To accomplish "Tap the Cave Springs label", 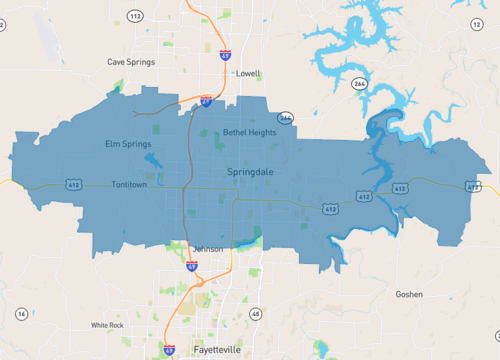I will [x=130, y=62].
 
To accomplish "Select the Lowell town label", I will [x=247, y=74].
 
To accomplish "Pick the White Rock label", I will [x=106, y=325].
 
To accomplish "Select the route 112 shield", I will [x=135, y=16].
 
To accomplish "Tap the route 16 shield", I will [x=21, y=314].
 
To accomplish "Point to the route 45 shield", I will [x=255, y=315].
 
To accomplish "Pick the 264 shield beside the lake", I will [x=359, y=84].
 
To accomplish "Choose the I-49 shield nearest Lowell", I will [x=225, y=56].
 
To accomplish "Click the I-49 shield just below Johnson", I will [x=191, y=267].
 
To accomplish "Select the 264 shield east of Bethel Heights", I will [x=286, y=118].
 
